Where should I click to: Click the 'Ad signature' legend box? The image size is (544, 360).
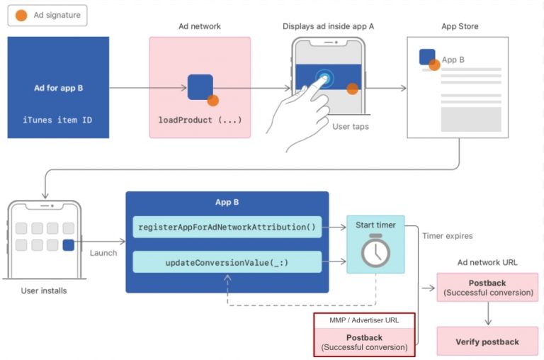click(47, 16)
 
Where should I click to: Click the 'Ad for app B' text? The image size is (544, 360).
click(59, 89)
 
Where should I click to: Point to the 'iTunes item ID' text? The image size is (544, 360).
click(57, 120)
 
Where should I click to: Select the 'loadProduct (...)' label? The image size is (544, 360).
click(200, 120)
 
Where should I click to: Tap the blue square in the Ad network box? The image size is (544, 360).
click(200, 86)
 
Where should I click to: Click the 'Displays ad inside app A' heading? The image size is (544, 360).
click(328, 26)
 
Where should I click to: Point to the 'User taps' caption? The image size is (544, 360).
click(351, 127)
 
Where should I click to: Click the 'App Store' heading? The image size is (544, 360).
click(460, 26)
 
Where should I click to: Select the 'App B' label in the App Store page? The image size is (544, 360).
click(453, 60)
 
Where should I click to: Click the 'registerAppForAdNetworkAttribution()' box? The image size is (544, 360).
click(227, 227)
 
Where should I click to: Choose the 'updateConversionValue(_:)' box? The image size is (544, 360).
click(227, 262)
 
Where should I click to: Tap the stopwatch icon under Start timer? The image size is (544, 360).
click(375, 252)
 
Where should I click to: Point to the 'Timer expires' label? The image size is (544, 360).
click(446, 236)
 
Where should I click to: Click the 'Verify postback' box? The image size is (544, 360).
click(487, 342)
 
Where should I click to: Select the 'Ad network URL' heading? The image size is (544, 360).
click(487, 262)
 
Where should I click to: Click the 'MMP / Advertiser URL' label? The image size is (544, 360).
click(364, 320)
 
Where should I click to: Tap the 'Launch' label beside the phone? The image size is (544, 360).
click(104, 253)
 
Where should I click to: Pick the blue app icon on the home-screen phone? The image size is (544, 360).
click(68, 245)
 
